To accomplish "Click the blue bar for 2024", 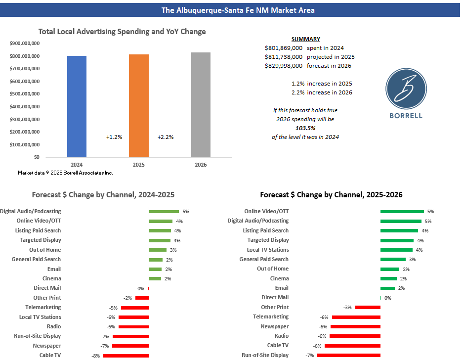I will pyautogui.click(x=77, y=106).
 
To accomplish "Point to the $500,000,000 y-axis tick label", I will pyautogui.click(x=25, y=93).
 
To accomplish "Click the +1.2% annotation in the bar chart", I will pyautogui.click(x=114, y=137).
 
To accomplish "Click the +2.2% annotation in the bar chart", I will pyautogui.click(x=166, y=137).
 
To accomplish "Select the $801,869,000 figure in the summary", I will pyautogui.click(x=284, y=48).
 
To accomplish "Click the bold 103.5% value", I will pyautogui.click(x=305, y=128).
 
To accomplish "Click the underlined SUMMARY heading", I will pyautogui.click(x=305, y=39).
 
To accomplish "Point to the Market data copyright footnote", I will pyautogui.click(x=65, y=173).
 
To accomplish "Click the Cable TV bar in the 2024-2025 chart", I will pyautogui.click(x=126, y=355).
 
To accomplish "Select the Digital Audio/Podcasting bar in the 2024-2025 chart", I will pyautogui.click(x=164, y=211).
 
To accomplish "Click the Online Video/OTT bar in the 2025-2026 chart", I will pyautogui.click(x=402, y=211).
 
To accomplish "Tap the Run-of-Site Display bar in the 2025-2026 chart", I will pyautogui.click(x=349, y=355).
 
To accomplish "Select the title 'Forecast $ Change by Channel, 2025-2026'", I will pyautogui.click(x=331, y=195).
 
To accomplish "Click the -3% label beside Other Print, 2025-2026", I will pyautogui.click(x=347, y=307).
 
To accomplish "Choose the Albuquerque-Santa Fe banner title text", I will pyautogui.click(x=231, y=10).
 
